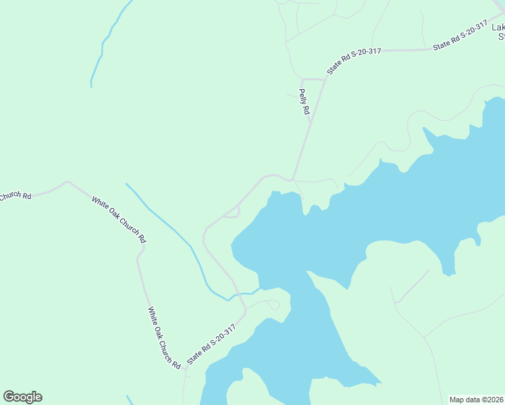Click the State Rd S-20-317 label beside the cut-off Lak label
pos(460,36)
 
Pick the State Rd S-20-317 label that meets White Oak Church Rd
pos(211,345)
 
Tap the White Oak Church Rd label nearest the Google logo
pos(164,337)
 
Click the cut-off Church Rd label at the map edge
pos(15,196)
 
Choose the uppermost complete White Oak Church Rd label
pos(119,220)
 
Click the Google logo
pos(22,397)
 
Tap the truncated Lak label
pos(498,28)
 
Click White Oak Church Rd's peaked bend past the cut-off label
pos(66,182)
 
